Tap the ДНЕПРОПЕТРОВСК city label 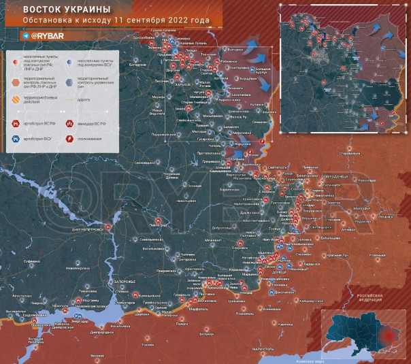[x=87, y=229]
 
